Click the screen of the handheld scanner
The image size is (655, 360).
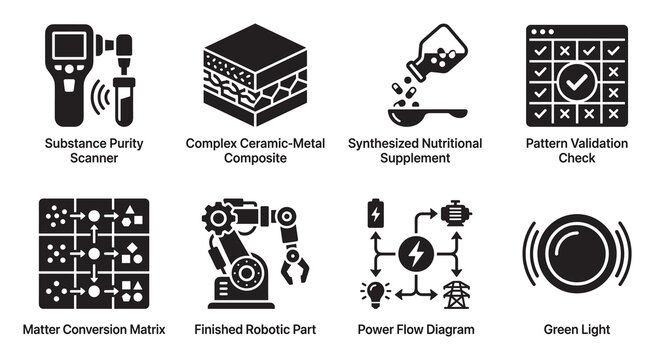click(69, 45)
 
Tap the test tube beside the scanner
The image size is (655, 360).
click(124, 101)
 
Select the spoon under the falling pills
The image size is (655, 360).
click(427, 116)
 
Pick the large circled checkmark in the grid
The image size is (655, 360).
click(577, 82)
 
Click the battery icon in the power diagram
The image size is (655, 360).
click(376, 213)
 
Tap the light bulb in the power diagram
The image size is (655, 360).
click(375, 294)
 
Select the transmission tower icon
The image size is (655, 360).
click(456, 295)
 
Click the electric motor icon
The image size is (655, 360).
click(455, 213)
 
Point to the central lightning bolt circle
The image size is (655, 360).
click(416, 254)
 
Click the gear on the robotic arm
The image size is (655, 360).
click(218, 218)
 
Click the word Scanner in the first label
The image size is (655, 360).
click(94, 158)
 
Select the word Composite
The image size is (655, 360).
click(255, 158)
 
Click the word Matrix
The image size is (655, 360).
click(147, 330)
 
